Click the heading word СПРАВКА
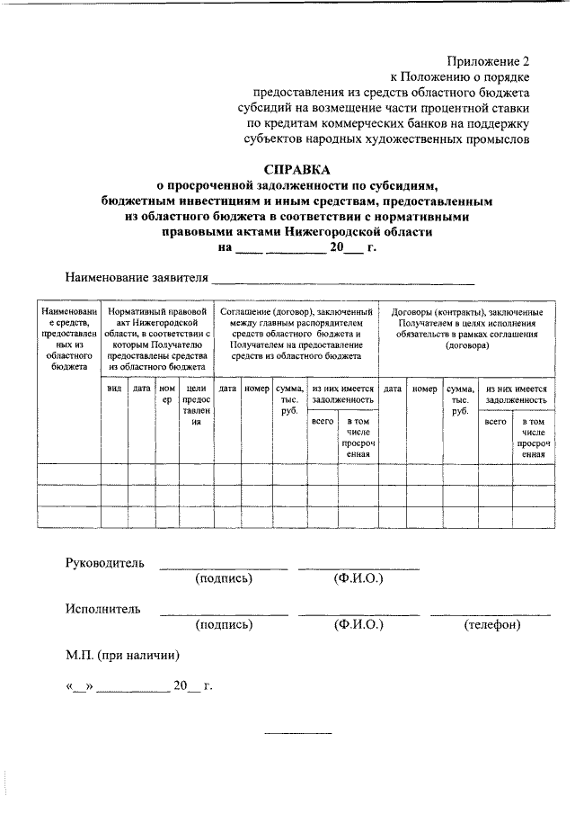[296, 169]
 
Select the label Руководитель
[104, 563]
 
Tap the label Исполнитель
[102, 609]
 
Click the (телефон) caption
[491, 624]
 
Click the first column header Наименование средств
[69, 338]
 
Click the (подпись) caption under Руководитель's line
[224, 578]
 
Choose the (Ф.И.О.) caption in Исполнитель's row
[358, 624]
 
